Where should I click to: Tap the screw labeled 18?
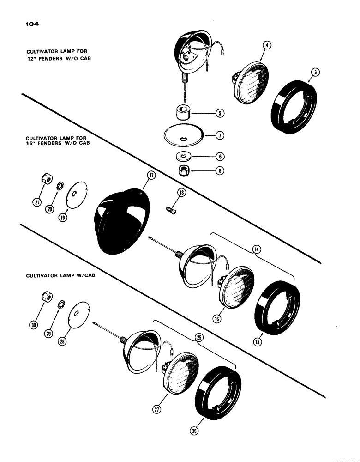click(171, 209)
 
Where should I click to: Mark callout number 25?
click(199, 338)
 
